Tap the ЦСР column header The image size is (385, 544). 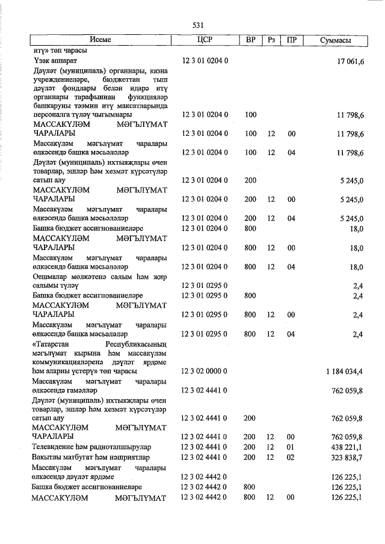(204, 40)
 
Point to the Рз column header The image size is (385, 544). (271, 40)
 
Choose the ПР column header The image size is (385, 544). (292, 40)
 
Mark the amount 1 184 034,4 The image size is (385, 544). (343, 371)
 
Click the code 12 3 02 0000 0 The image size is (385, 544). (204, 371)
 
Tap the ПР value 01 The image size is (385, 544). (292, 447)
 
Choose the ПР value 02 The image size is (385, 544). (292, 457)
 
